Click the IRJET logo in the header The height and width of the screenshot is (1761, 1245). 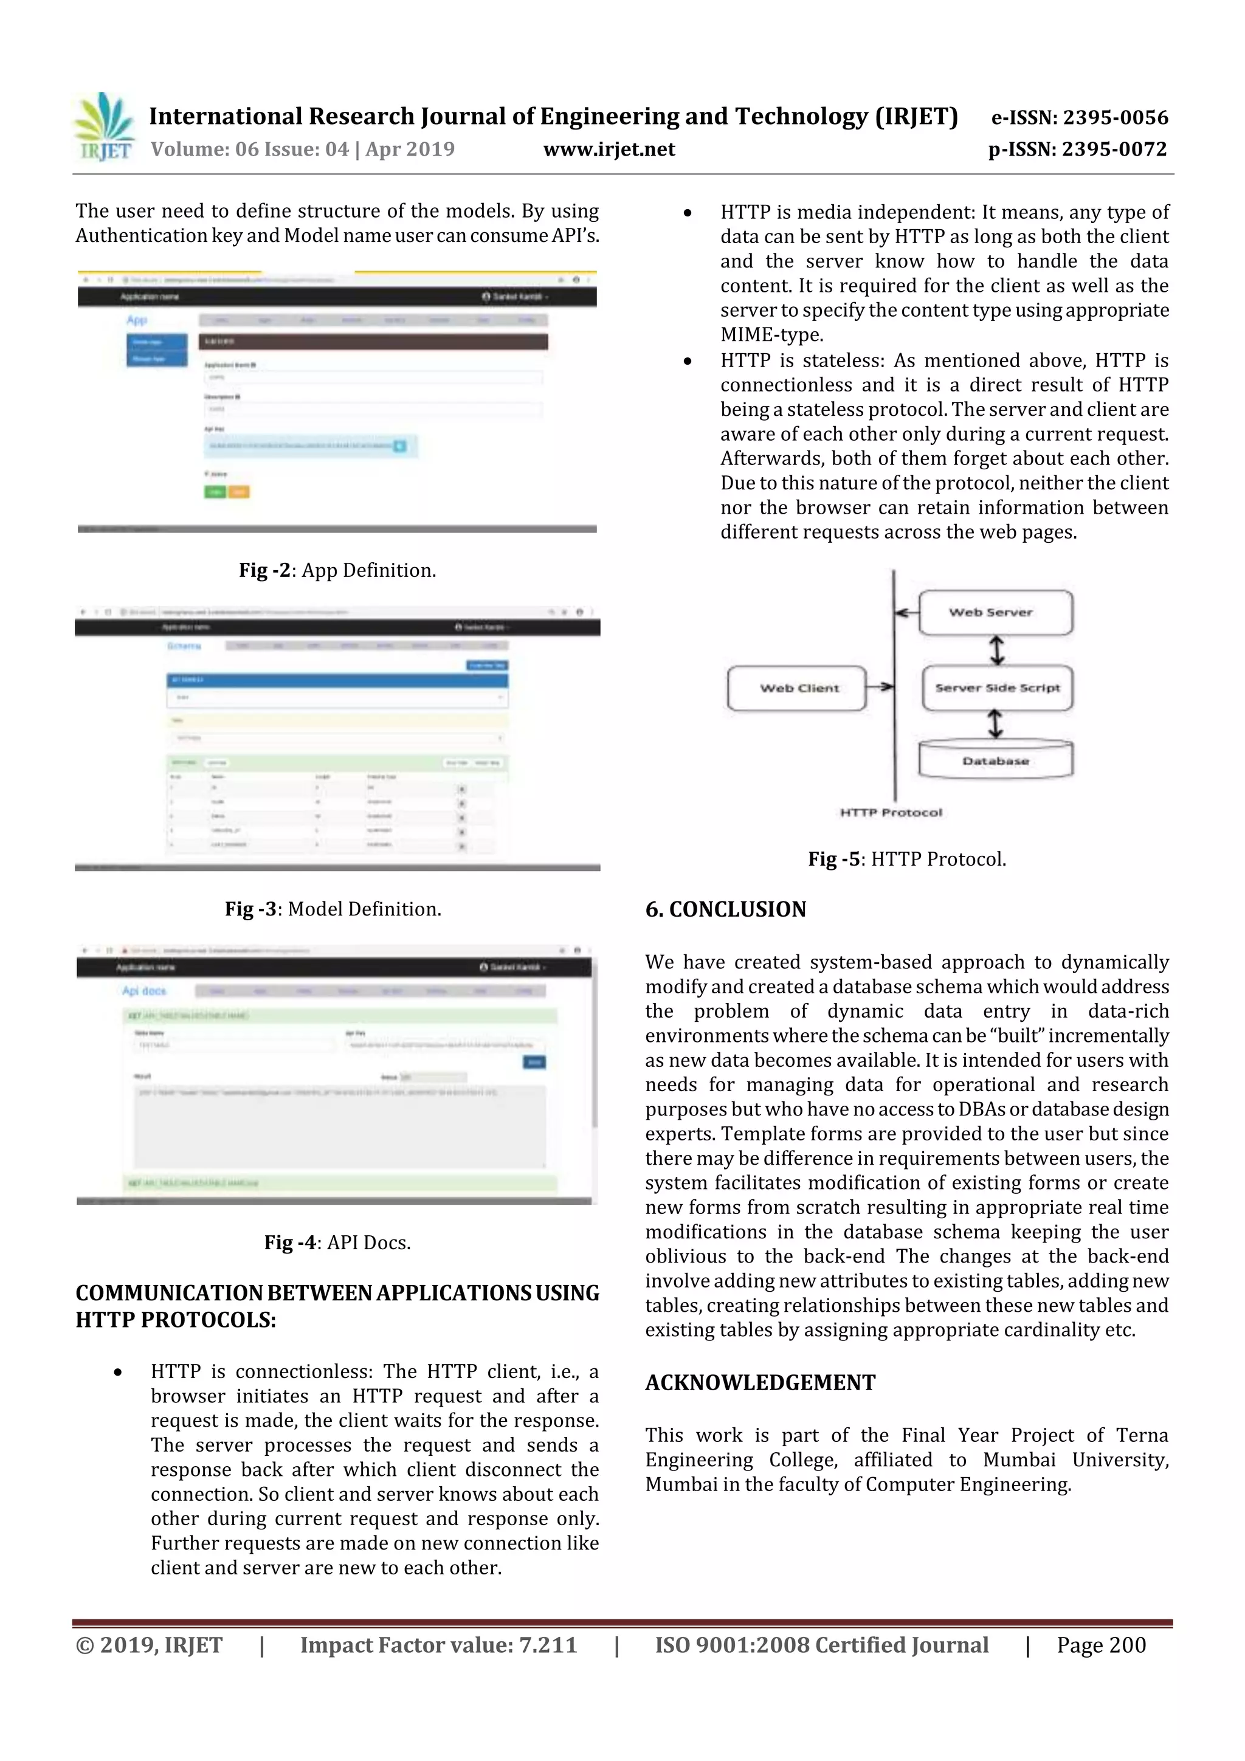(105, 127)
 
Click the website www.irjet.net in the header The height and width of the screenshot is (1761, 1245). (609, 150)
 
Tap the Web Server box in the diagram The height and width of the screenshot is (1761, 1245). (995, 613)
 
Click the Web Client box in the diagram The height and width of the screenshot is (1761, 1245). (797, 688)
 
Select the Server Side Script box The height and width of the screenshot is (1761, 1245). (996, 688)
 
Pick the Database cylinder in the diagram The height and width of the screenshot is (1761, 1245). (995, 760)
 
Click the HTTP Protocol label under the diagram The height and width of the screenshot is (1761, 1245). (891, 812)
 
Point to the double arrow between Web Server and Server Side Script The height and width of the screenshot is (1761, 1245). (996, 650)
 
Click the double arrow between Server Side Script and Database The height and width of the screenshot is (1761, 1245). (995, 723)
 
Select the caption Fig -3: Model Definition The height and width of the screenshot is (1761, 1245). (333, 909)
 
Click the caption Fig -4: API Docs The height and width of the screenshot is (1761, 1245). (337, 1242)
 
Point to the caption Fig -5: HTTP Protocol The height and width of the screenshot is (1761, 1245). (907, 859)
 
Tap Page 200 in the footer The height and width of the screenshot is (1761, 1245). (1101, 1645)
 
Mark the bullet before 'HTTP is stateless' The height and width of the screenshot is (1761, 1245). (688, 361)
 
